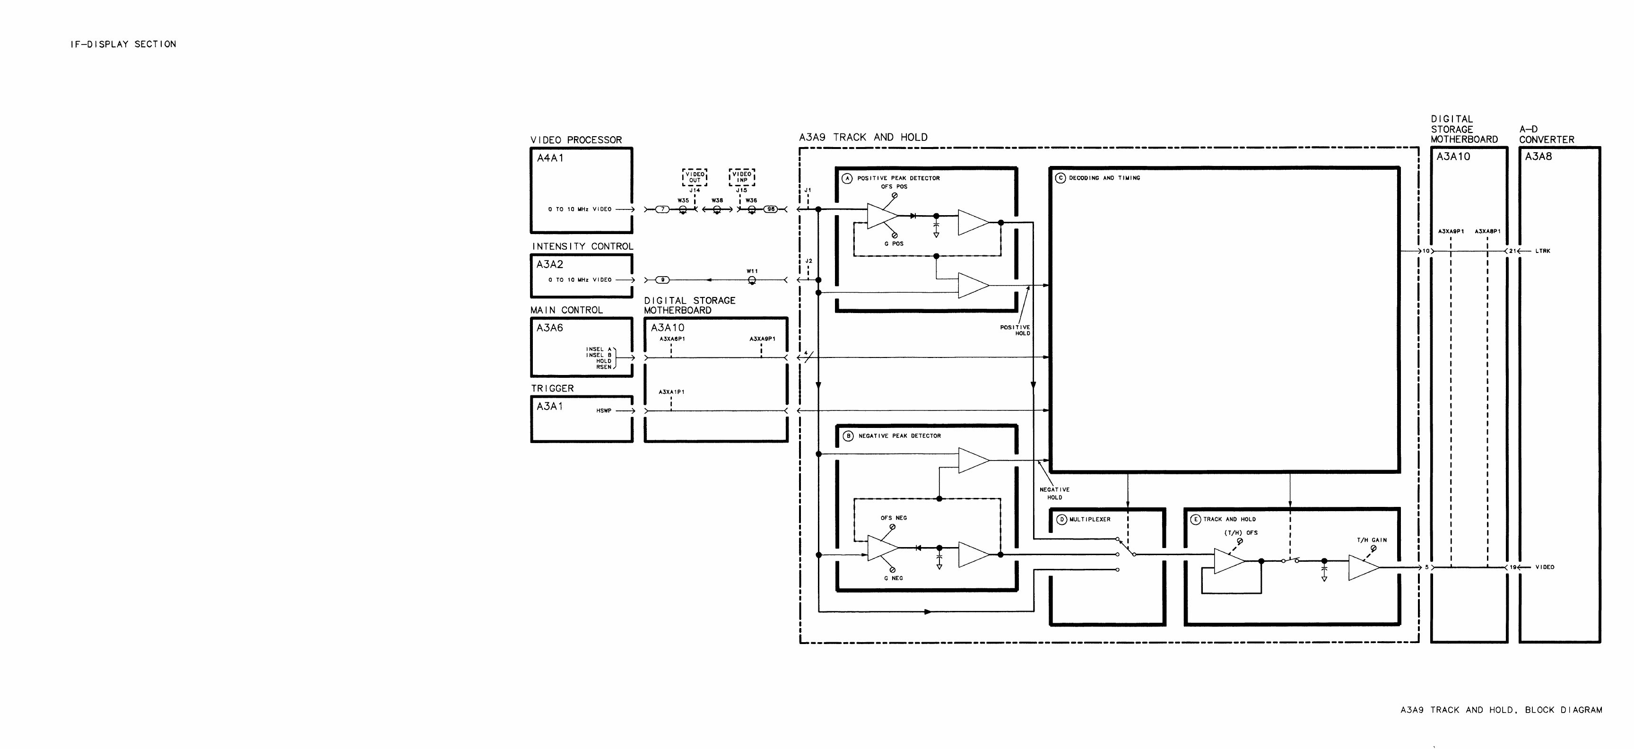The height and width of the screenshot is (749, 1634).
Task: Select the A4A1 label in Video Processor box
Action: point(550,158)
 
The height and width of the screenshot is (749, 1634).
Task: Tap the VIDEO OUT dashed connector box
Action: point(695,177)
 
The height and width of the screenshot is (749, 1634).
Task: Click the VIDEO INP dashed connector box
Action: point(741,177)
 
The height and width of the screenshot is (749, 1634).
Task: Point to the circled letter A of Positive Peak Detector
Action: point(847,178)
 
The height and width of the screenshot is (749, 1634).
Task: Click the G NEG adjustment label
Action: point(893,578)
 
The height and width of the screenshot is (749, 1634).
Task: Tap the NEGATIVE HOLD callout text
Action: point(1054,493)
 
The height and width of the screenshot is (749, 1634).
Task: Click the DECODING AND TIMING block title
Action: point(1104,178)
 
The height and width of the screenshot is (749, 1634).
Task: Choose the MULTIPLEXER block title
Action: point(1090,519)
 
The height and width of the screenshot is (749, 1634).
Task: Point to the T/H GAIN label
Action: point(1372,540)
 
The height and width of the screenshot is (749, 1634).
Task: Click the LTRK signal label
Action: point(1543,251)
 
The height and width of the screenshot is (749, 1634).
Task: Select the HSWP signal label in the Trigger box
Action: point(604,411)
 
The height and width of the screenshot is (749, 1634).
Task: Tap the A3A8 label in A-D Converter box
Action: point(1538,157)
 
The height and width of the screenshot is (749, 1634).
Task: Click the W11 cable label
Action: point(752,271)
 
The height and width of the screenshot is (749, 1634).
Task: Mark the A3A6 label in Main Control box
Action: point(549,328)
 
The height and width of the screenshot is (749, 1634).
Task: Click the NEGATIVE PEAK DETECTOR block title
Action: point(899,436)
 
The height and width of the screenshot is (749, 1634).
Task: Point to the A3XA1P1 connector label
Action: point(671,392)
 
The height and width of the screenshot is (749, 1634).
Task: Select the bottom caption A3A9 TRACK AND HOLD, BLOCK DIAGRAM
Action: point(1501,710)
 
